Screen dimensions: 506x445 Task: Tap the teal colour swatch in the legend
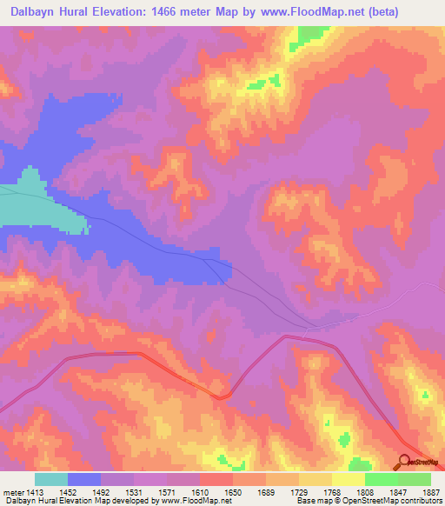click(x=50, y=479)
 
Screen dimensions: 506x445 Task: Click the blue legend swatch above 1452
click(x=83, y=479)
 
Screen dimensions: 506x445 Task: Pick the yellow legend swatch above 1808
click(x=348, y=479)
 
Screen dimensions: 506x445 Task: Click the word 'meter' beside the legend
click(x=16, y=492)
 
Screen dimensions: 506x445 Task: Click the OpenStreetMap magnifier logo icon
click(x=404, y=462)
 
